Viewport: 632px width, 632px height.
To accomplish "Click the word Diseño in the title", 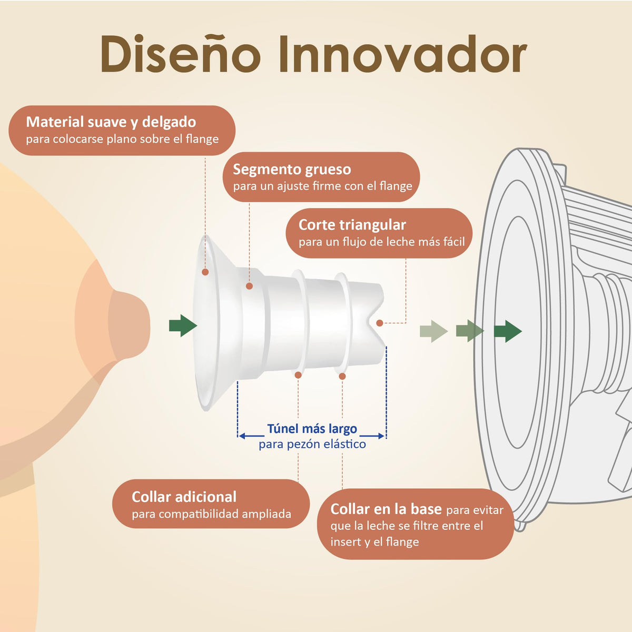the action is (181, 53).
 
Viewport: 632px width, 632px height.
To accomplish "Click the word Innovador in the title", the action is (403, 54).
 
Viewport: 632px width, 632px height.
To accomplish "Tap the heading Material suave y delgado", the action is (111, 122).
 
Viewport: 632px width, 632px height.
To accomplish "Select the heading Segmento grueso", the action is (292, 169).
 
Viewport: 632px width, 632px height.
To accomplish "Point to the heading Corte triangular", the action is (352, 225).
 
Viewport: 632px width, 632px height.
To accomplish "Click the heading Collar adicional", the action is (184, 497).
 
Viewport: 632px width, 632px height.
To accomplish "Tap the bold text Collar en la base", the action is (386, 509).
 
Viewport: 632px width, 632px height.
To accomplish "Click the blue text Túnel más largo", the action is (312, 429).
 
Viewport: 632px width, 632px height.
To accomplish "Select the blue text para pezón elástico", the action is (312, 445).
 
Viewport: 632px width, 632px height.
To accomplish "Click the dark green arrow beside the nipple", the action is (183, 325).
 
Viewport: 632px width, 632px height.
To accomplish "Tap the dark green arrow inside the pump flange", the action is (508, 331).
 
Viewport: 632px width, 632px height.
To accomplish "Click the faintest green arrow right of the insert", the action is (433, 331).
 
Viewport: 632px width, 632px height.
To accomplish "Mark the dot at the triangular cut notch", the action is (379, 323).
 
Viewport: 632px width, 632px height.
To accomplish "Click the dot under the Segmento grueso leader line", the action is (249, 286).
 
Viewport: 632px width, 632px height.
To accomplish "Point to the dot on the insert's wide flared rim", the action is (205, 272).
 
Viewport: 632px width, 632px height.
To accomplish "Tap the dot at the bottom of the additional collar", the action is (298, 375).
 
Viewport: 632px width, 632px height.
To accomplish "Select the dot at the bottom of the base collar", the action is (342, 376).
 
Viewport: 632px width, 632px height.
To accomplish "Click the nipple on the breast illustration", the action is (130, 325).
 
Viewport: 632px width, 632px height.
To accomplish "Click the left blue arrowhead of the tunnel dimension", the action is (242, 436).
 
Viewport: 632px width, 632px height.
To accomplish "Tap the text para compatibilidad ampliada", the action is (212, 514).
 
